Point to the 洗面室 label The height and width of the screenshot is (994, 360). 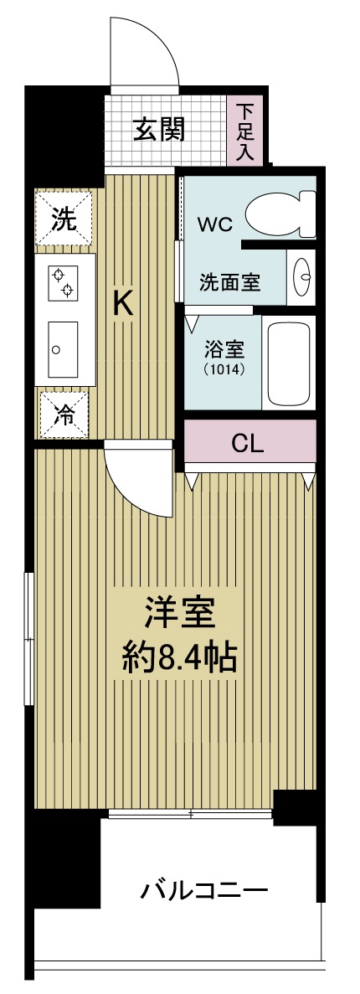point(229,282)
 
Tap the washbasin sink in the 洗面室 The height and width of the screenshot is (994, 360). point(303,275)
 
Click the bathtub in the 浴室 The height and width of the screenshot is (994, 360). point(289,363)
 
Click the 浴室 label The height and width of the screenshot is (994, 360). point(224,348)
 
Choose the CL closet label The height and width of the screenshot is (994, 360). point(248,443)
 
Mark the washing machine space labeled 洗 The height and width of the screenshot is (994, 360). point(64,220)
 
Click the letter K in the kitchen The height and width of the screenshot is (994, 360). point(123,304)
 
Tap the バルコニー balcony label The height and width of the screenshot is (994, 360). point(204,888)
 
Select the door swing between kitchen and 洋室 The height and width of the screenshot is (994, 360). point(138,482)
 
